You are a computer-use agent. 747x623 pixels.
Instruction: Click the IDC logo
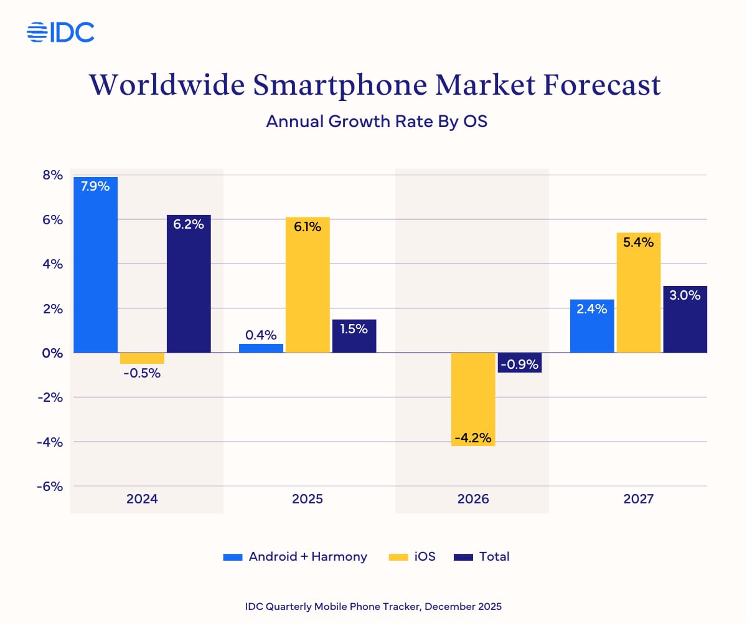point(60,32)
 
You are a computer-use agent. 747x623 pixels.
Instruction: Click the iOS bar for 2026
point(473,399)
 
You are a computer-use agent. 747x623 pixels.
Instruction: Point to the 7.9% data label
point(95,186)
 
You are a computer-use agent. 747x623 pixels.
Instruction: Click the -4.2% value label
point(473,438)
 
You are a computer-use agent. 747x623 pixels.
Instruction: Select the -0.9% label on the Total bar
point(519,363)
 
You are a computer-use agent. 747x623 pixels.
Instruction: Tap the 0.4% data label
point(261,335)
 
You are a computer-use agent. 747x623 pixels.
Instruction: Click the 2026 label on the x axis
point(473,499)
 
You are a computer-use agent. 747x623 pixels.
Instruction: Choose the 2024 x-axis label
point(142,499)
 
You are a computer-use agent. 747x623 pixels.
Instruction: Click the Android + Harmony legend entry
point(295,556)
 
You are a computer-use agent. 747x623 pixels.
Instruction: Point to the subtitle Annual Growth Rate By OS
point(376,121)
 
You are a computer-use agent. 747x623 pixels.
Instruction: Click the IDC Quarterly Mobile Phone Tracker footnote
point(374,606)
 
